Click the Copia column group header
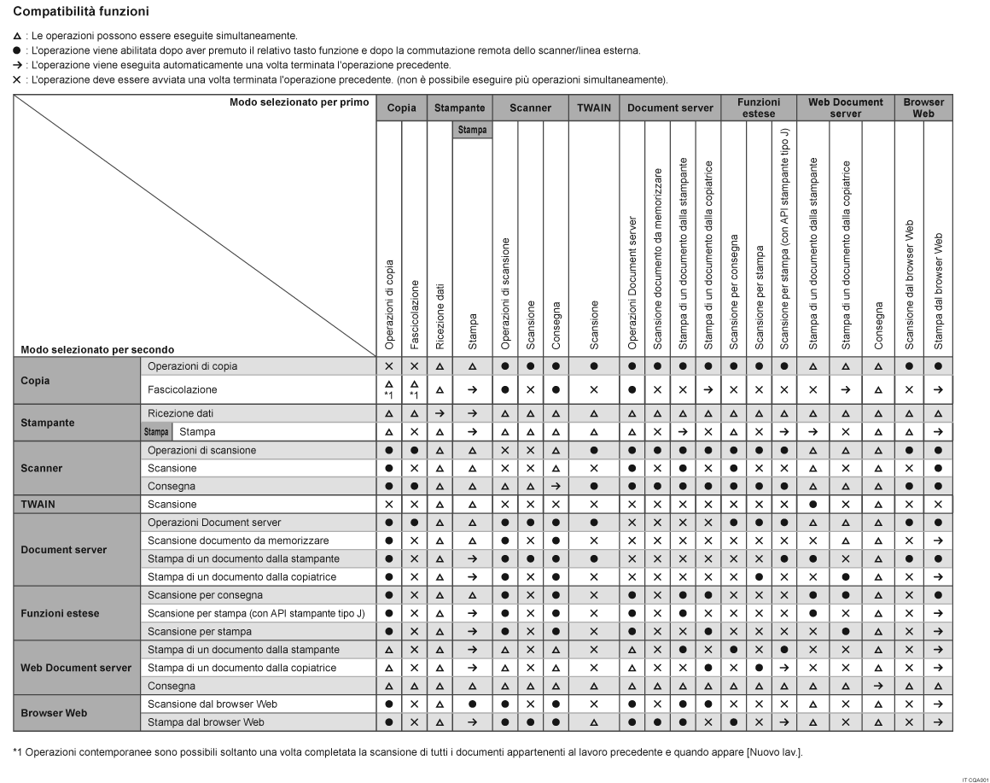(401, 109)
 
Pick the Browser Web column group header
(924, 108)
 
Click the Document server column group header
(669, 109)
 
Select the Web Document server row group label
(76, 668)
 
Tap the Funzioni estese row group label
(60, 613)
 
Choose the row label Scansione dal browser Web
(213, 704)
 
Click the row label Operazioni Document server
(214, 522)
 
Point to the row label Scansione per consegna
(201, 594)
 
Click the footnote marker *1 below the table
(18, 752)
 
